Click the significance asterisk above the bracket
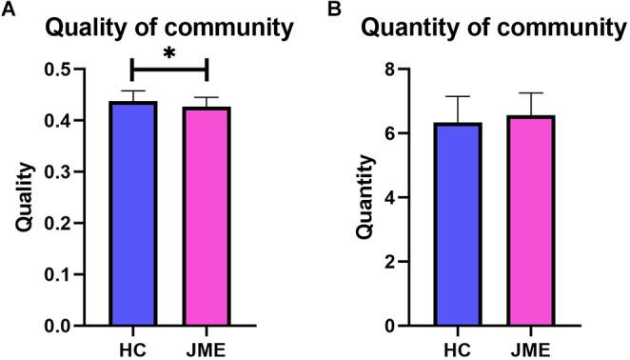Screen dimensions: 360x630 169,53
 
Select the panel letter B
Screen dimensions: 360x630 332,10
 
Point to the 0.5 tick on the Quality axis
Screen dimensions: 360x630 64,70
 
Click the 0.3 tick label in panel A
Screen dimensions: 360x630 64,172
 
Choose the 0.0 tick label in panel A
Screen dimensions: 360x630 64,326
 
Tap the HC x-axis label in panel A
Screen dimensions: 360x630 132,347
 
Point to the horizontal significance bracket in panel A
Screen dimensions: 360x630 169,70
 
